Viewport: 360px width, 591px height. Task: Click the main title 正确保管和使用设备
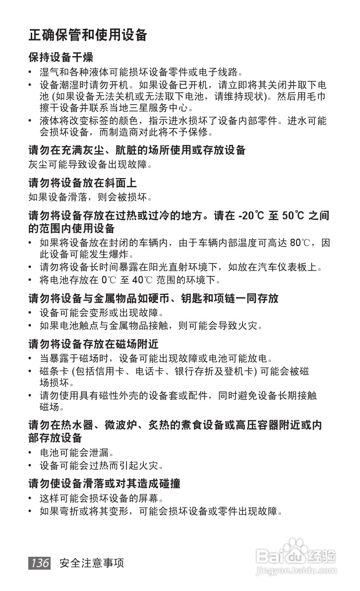88,35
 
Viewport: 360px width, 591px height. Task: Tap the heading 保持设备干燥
60,57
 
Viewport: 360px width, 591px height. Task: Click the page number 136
39,563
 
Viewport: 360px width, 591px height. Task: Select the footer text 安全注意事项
91,563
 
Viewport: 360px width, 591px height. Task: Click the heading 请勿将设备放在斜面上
82,183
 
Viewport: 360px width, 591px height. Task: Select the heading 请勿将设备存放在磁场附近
93,344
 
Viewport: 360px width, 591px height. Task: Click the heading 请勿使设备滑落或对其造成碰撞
104,483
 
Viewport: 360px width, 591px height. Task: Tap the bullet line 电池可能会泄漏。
77,453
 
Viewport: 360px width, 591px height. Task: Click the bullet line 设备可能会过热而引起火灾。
102,466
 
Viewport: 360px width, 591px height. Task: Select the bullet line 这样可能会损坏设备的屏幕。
102,498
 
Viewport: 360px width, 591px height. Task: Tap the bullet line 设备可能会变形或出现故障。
102,313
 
